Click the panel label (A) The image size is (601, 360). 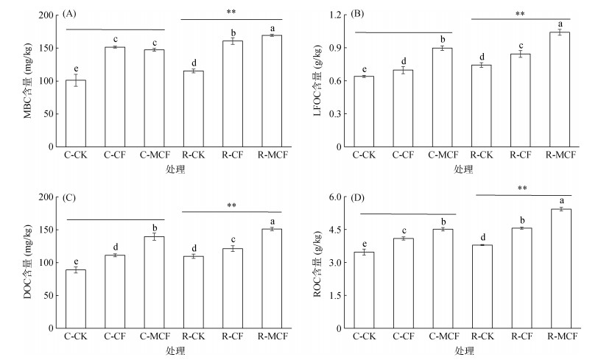click(71, 13)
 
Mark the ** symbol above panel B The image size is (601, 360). click(520, 13)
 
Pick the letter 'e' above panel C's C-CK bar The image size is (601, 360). click(75, 261)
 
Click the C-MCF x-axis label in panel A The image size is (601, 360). click(153, 155)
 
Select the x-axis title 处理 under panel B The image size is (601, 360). click(463, 169)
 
